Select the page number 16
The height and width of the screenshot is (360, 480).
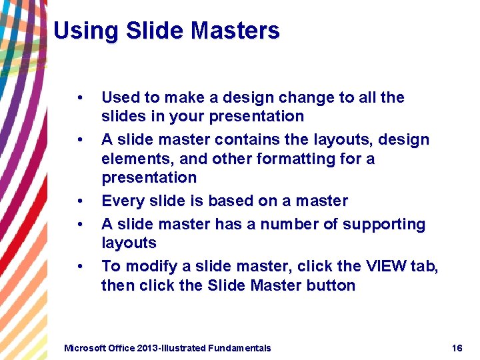coord(457,348)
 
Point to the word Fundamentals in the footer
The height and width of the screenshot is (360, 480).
coord(239,348)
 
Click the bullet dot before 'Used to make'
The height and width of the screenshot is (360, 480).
coord(80,98)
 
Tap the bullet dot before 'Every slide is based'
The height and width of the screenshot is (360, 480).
coord(80,201)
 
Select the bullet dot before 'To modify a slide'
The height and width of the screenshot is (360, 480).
coord(80,267)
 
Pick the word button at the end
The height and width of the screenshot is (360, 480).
coord(331,286)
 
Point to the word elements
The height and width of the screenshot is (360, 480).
coord(131,159)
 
